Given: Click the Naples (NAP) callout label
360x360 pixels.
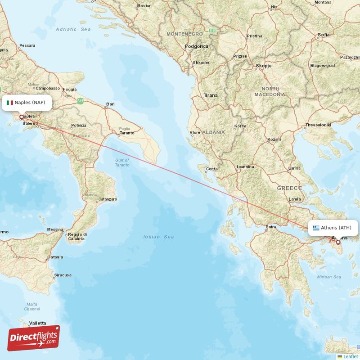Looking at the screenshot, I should (26, 102).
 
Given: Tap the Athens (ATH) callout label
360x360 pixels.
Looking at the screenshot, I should (333, 228).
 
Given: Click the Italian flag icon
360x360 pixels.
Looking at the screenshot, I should (9, 102).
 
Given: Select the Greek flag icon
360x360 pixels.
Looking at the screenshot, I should (316, 228).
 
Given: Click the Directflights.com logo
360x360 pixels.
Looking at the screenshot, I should (34, 337).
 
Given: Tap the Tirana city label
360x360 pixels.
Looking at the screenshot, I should (210, 95).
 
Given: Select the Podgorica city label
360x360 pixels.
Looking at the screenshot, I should (197, 46).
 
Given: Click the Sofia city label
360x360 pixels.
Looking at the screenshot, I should (324, 35).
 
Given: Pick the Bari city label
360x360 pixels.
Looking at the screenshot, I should (110, 104).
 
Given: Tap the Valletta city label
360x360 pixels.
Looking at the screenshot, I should (37, 323).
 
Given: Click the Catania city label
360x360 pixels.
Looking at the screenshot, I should (55, 257).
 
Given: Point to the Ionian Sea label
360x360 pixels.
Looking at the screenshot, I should (158, 237).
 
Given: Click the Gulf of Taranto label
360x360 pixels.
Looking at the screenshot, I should (122, 162).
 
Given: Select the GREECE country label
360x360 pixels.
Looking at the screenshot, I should (289, 188).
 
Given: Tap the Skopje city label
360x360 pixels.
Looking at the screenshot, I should (263, 66).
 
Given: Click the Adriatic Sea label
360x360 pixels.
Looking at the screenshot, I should (73, 29).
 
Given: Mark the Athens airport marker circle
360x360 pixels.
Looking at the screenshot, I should (338, 242).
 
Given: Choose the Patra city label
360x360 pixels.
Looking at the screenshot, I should (271, 226).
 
